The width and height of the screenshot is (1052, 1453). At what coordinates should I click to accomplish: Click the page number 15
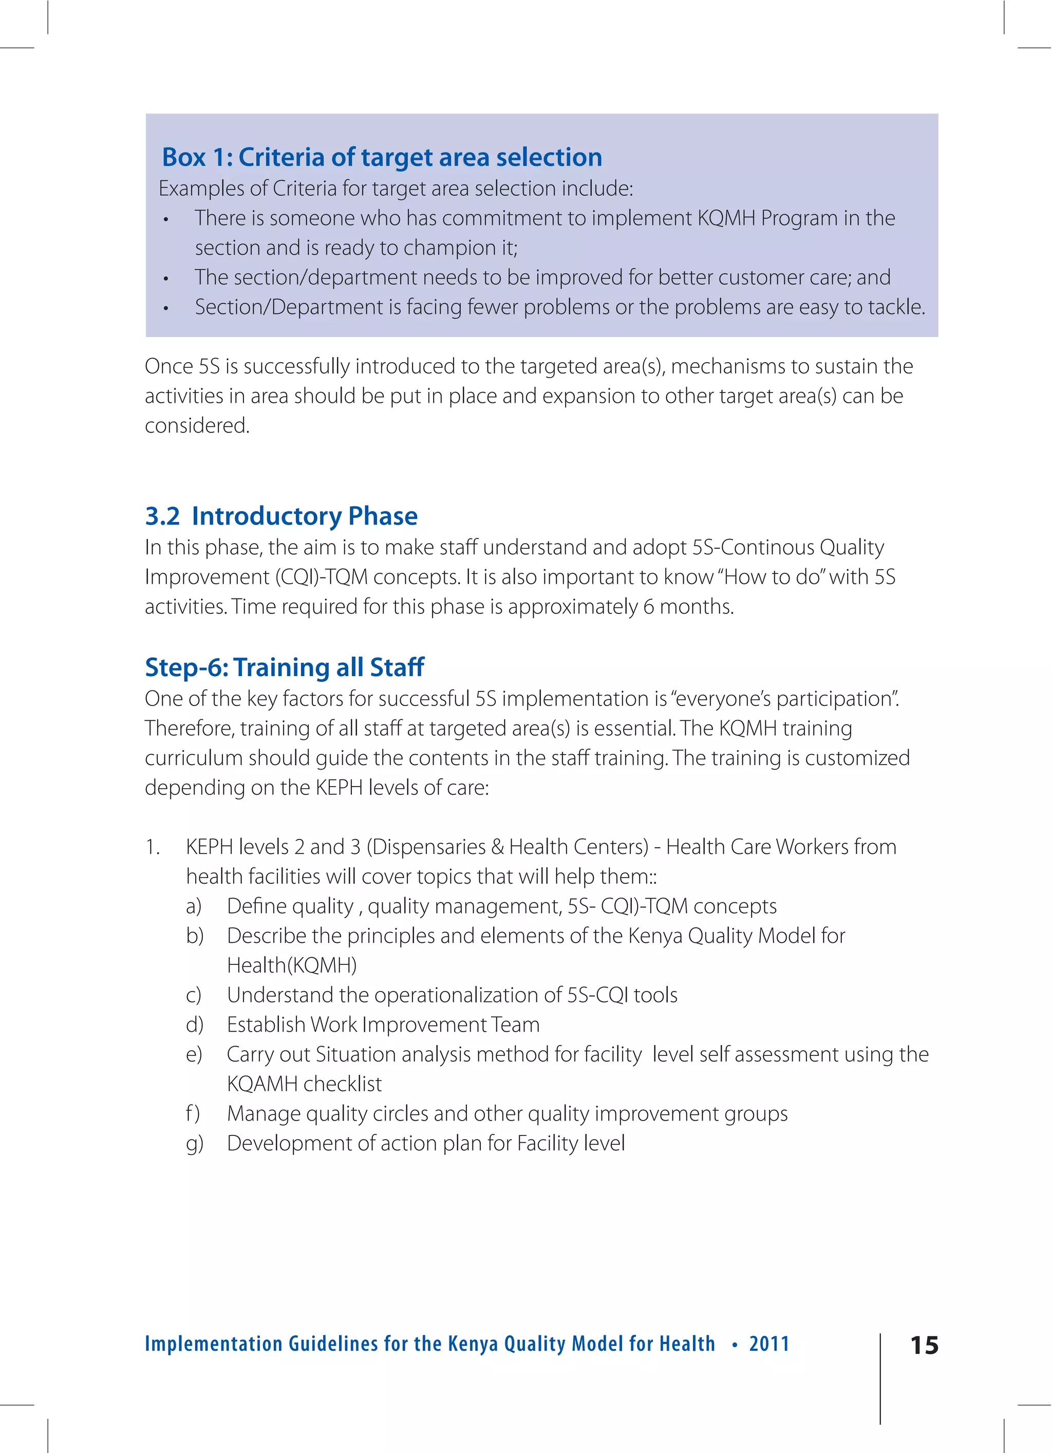coord(924,1345)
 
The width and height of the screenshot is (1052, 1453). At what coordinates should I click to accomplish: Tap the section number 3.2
coord(162,516)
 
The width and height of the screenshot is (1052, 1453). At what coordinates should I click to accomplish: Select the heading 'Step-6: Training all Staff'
coord(284,667)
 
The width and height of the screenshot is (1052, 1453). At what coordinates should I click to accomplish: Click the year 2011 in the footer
coord(769,1344)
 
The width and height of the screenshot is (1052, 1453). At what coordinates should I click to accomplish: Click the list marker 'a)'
coord(194,906)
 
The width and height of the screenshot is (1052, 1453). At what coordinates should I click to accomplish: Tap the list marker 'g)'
coord(194,1144)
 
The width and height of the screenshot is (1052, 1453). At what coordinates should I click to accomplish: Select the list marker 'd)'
coord(194,1025)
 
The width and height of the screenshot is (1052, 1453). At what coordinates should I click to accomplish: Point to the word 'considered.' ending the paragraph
coord(197,425)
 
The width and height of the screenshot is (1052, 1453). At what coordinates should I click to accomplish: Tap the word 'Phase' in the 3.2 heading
coord(383,516)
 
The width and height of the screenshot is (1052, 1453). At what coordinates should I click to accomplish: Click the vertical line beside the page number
coord(880,1377)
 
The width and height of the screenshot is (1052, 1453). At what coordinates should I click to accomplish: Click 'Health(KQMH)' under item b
coord(292,965)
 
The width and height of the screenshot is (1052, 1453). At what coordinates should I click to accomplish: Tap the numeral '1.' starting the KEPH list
coord(153,847)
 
